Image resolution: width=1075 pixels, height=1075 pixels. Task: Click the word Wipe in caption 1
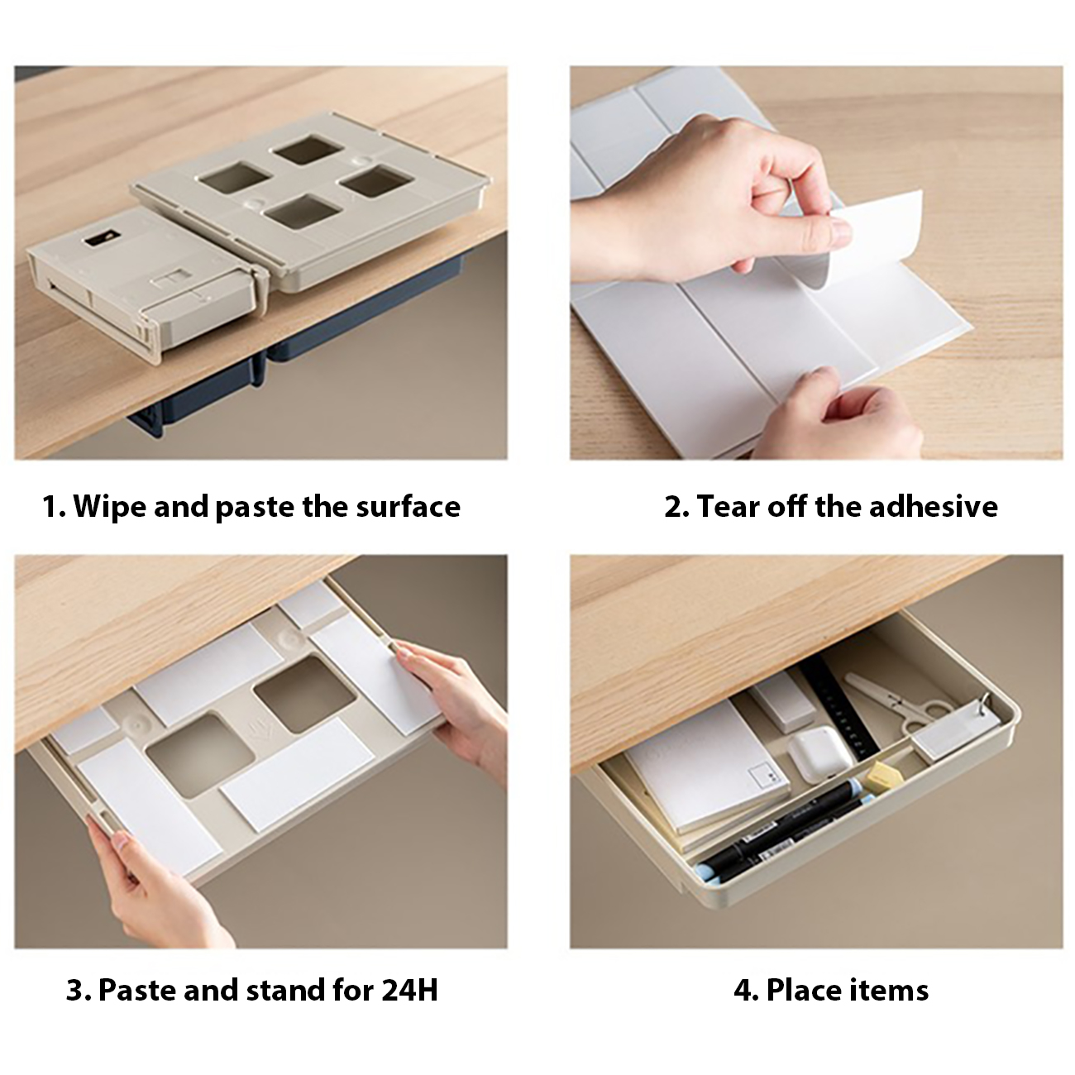109,507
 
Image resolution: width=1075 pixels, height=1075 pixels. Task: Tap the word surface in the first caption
408,507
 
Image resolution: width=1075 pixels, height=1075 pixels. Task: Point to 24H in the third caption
409,990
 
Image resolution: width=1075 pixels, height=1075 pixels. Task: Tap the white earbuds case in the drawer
819,753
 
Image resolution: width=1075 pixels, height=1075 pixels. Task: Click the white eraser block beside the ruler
782,701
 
